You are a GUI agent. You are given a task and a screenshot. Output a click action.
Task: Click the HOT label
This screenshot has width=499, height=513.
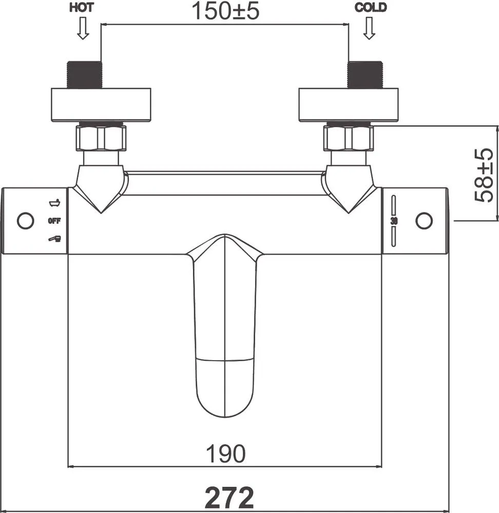coord(81,7)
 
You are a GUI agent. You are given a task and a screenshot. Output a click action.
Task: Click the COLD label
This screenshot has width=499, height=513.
coord(370,7)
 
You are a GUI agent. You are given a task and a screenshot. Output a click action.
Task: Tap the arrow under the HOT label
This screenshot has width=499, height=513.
coord(83,28)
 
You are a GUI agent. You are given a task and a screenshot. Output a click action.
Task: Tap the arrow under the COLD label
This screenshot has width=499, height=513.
coord(369,28)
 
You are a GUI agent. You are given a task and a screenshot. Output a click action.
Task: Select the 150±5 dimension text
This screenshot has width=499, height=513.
coord(225,11)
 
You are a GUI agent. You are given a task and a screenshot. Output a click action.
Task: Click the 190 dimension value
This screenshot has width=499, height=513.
coord(225,453)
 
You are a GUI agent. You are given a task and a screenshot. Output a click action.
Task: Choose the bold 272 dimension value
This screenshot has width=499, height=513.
coord(229,497)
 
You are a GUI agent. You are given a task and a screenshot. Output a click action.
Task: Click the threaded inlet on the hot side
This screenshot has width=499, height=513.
coord(85,74)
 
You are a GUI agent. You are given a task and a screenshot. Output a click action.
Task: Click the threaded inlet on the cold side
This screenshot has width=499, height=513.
coord(365,74)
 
